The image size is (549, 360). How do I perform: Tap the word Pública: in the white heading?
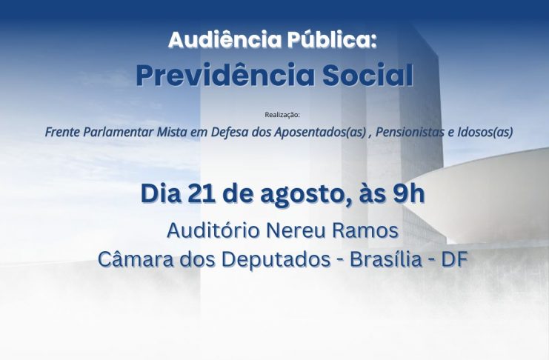(x=332, y=40)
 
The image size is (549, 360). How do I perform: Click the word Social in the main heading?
(x=367, y=75)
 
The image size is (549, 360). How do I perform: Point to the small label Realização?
(x=282, y=115)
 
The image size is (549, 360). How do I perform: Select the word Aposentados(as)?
(x=320, y=133)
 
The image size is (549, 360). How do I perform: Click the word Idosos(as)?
(x=485, y=133)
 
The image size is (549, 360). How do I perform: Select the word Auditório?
(x=213, y=230)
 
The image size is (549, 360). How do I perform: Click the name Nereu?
(x=296, y=231)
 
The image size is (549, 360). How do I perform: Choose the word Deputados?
(x=276, y=260)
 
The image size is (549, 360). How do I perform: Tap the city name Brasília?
(x=386, y=259)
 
